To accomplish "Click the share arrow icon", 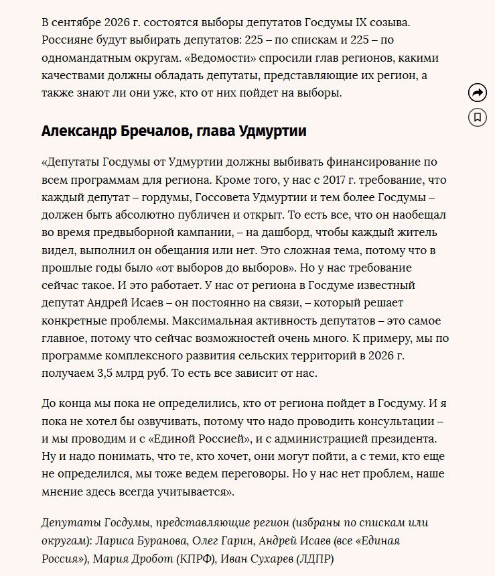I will pos(477,93).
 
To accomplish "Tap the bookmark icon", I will pos(477,117).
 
